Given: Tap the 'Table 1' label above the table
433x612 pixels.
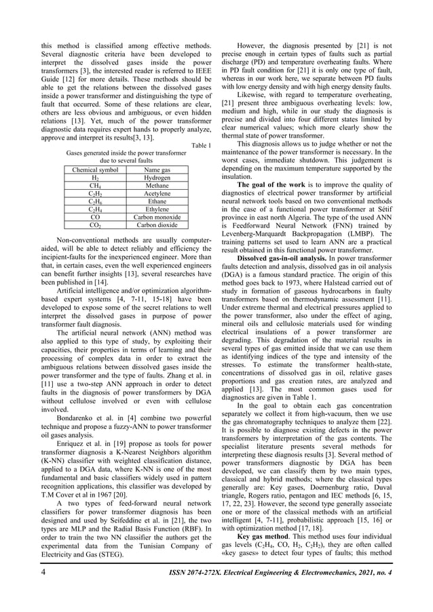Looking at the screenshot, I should (x=202, y=145).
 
